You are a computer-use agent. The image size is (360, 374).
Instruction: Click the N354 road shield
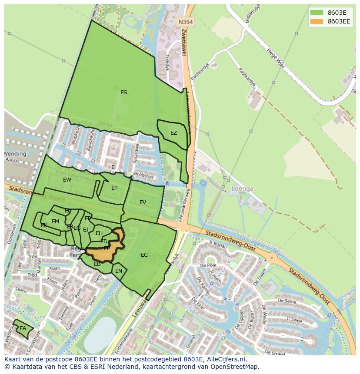[x=186, y=21]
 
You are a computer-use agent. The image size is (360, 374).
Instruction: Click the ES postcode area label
[x=123, y=93]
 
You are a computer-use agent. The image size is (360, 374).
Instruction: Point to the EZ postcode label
[x=173, y=133]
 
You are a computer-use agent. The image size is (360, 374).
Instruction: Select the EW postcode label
[x=67, y=180]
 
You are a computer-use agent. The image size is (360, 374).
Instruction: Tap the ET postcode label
[x=114, y=188]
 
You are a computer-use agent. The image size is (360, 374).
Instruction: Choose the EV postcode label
[x=143, y=202]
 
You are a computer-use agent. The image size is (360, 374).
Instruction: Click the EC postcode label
[x=144, y=255]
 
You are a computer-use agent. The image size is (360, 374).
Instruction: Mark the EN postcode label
[x=119, y=271]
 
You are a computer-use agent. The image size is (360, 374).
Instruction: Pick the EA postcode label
[x=23, y=328]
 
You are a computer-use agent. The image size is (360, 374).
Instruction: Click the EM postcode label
[x=55, y=222]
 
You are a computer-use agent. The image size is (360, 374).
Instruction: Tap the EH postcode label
[x=99, y=233]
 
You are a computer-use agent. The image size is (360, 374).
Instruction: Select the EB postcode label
[x=97, y=264]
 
